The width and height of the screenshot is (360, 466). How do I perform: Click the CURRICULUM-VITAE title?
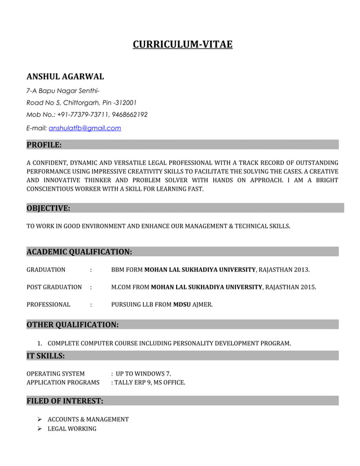tap(182, 44)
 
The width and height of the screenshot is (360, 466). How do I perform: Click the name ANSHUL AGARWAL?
tap(65, 77)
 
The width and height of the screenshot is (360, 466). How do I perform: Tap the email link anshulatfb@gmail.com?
tap(85, 128)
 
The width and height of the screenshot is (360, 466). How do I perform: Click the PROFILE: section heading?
tap(44, 145)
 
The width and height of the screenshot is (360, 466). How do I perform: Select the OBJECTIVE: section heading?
tap(49, 208)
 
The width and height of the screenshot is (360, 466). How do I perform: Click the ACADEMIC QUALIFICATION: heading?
tap(80, 251)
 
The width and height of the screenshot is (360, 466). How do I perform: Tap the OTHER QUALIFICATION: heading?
tap(73, 324)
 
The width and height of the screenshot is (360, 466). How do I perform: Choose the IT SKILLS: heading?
tap(46, 355)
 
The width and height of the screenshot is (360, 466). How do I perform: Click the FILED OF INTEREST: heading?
tap(65, 401)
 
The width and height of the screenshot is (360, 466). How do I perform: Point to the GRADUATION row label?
tap(46, 270)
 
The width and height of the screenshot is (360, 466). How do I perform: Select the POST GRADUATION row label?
tap(54, 287)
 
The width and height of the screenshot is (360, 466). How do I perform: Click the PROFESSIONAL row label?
tap(49, 305)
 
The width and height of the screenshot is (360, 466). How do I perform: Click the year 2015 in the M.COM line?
tap(308, 287)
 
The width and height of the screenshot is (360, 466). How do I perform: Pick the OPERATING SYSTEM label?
tap(56, 373)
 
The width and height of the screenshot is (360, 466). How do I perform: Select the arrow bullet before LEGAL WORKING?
tap(40, 429)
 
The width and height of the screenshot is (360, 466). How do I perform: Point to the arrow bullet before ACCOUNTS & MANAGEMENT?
tap(40, 419)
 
